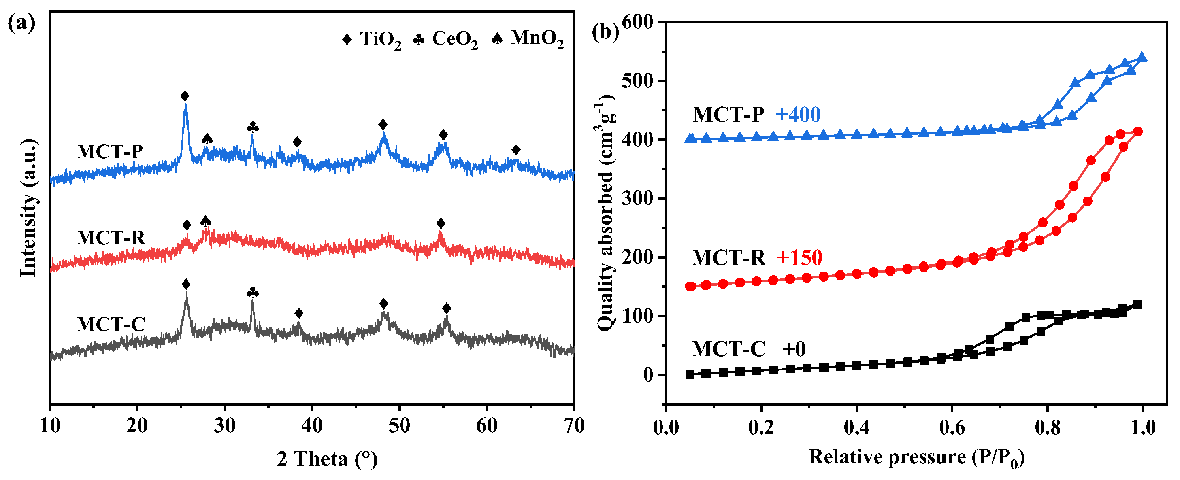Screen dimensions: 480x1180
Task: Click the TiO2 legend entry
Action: click(372, 40)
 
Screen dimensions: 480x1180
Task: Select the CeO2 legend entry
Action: click(446, 40)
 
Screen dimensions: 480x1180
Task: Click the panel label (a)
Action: click(21, 23)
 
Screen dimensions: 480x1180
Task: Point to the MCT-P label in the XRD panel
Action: click(110, 152)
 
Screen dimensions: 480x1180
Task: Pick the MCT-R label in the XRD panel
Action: click(111, 238)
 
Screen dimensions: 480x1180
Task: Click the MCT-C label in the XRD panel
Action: click(111, 325)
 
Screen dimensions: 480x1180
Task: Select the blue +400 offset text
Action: click(797, 115)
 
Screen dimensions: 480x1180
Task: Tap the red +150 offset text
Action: click(799, 258)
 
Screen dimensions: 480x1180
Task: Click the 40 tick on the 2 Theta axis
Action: click(312, 426)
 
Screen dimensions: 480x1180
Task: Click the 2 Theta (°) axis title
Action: click(327, 459)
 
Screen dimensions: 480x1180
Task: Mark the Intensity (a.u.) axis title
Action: click(28, 209)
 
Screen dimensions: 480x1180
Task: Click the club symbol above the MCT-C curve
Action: click(253, 293)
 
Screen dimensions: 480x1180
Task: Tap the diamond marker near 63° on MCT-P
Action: click(516, 150)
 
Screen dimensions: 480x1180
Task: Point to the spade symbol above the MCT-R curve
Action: click(205, 221)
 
